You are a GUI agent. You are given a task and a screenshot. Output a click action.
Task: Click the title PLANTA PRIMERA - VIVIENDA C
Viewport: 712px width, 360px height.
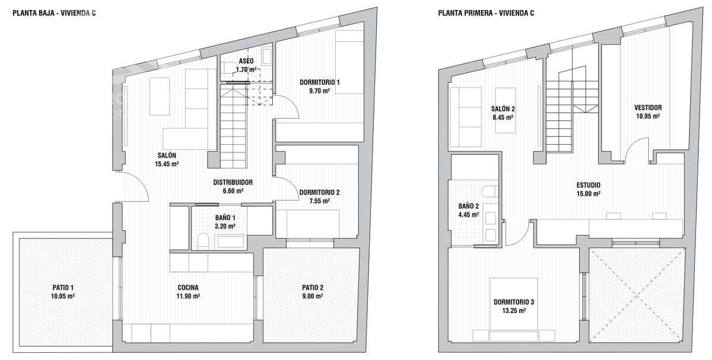click(486, 11)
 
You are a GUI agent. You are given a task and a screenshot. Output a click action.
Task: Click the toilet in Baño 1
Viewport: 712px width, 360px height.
click(203, 240)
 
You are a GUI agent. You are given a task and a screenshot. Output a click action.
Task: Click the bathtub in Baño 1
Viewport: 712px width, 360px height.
click(230, 241)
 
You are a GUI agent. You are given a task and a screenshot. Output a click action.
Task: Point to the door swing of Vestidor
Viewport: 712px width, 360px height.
click(636, 148)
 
